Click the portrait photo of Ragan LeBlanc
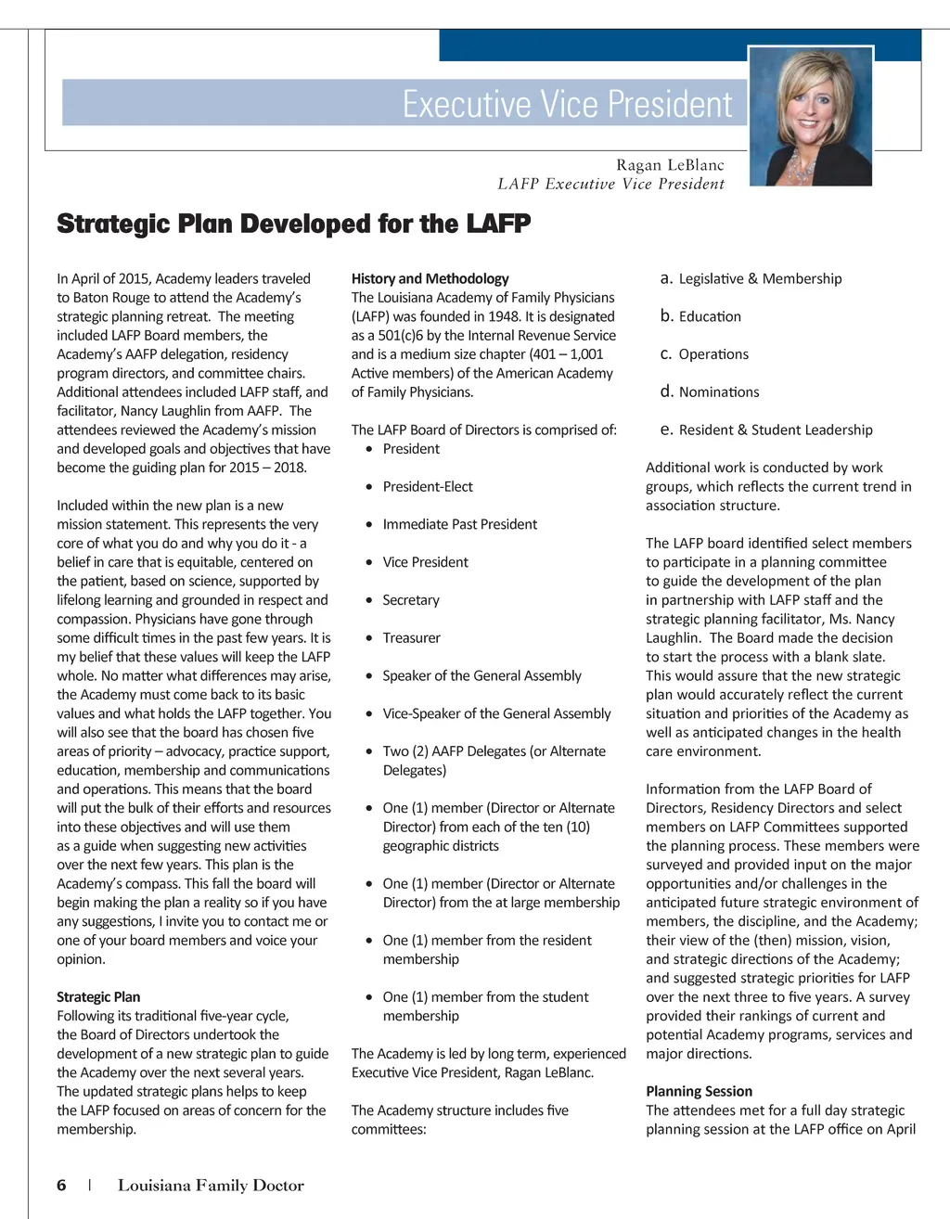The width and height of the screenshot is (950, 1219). coord(810,116)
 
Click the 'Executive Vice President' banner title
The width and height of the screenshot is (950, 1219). coord(567,104)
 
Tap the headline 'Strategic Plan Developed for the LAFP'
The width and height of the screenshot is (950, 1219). coord(293,225)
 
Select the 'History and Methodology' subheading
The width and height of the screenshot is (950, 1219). coord(430,278)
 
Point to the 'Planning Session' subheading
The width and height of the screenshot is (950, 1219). coord(699,1091)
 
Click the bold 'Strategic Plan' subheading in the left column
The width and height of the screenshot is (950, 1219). coord(98,996)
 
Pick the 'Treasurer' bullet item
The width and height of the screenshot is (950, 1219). coord(411,638)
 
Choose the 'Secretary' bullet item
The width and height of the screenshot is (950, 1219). coord(411,600)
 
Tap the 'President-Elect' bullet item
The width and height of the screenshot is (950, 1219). coord(428,487)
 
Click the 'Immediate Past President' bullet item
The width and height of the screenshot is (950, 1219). coord(459,524)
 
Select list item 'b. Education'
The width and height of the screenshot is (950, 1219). coord(700,316)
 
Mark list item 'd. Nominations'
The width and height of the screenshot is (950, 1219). coord(710,392)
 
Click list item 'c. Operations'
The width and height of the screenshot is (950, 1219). coord(704,354)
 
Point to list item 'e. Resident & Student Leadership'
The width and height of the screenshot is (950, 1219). coord(766,430)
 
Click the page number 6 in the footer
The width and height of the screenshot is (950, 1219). coord(61,1185)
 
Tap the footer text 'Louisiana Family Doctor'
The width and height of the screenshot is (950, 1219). coord(211,1185)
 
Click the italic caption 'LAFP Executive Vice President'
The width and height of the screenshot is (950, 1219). coord(610,184)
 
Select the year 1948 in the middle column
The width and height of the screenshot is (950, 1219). coord(504,316)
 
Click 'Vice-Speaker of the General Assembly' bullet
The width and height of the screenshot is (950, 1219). coord(496,713)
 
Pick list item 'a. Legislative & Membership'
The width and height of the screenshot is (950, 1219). coord(751,278)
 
